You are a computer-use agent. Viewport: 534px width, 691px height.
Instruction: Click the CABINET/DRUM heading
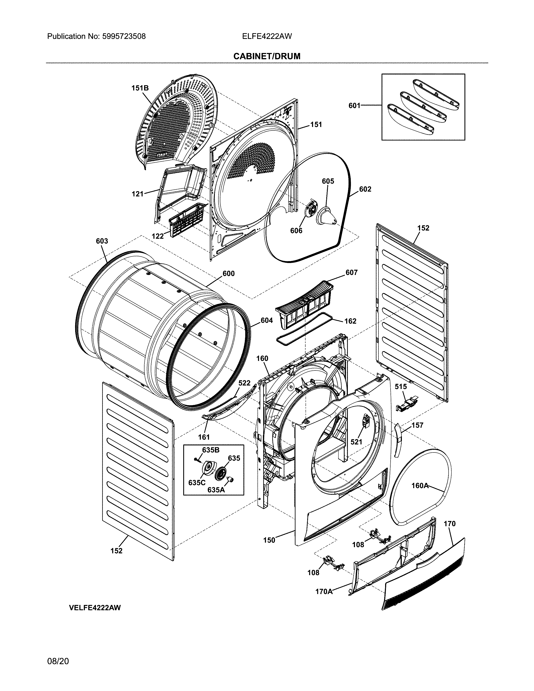pos(267,56)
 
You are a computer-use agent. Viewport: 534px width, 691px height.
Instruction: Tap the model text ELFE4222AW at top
pos(267,36)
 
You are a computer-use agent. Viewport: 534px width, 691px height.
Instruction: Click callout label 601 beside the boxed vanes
pos(354,106)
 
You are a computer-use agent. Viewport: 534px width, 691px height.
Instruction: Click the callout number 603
pos(102,241)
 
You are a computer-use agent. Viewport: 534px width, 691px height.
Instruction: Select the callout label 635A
pos(216,490)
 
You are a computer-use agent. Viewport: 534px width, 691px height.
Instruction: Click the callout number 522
pos(244,383)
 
